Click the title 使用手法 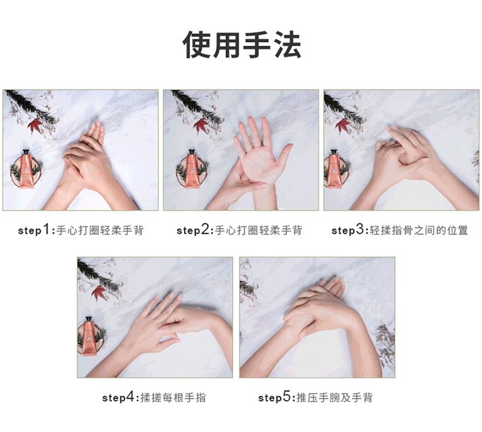pos(241,45)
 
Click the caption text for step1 pos(81,230)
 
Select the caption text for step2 pos(240,230)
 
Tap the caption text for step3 pos(400,230)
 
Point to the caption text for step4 pos(154,397)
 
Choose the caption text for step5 pos(316,397)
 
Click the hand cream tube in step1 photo pos(26,168)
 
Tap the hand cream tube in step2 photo pos(192,168)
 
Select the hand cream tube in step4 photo pos(90,336)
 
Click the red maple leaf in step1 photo pos(35,126)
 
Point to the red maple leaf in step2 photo pos(200,126)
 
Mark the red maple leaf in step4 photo pos(98,293)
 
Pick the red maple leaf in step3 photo pos(342,126)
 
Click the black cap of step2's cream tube pos(192,152)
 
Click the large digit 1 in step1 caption pos(46,230)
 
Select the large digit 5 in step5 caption pos(286,397)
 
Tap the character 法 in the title pos(287,45)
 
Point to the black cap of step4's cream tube pos(90,319)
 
